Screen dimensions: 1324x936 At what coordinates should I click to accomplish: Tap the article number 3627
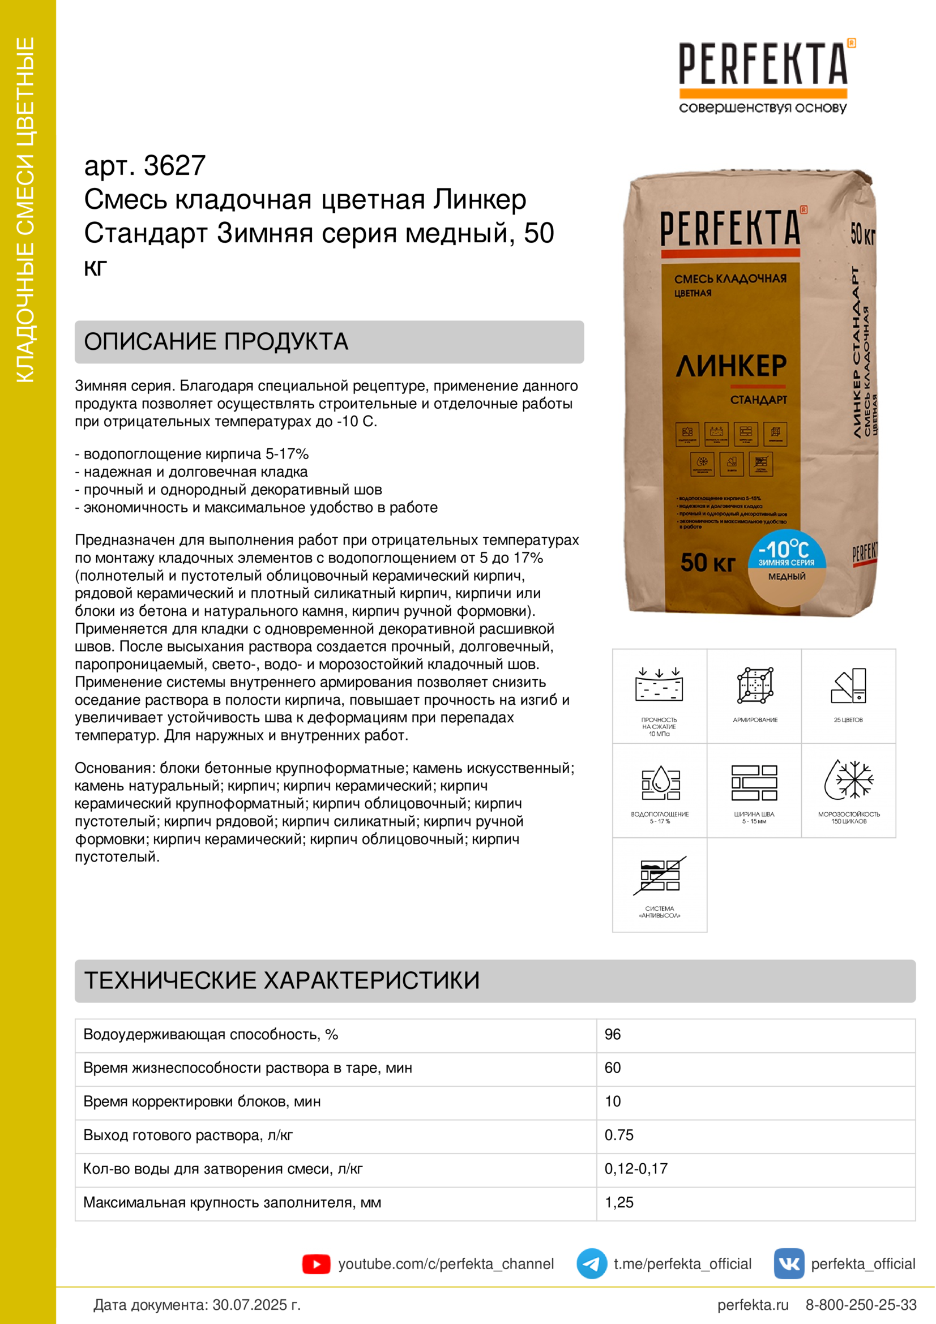(x=174, y=166)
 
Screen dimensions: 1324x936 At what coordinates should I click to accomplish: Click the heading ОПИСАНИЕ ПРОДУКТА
(x=216, y=342)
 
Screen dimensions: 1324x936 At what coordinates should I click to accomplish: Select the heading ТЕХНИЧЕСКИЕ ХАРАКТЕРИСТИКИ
(x=282, y=980)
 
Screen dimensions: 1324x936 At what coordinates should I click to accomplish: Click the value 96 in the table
(x=613, y=1035)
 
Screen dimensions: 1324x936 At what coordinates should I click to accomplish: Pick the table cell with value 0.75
(x=619, y=1135)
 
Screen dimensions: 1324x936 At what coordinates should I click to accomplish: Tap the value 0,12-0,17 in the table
(x=635, y=1168)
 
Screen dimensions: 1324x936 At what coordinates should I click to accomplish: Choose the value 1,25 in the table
(x=619, y=1202)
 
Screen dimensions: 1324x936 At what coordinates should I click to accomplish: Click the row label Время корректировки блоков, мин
(x=201, y=1102)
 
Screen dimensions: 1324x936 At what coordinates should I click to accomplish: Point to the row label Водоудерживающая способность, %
(x=211, y=1035)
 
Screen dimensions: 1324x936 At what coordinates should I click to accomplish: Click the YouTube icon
(x=316, y=1264)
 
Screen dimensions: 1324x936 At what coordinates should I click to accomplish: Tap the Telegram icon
(x=591, y=1263)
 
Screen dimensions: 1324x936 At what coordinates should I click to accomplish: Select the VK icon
(x=788, y=1263)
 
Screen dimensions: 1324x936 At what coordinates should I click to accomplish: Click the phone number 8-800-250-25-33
(x=861, y=1305)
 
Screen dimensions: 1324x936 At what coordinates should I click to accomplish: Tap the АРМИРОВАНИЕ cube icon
(x=754, y=685)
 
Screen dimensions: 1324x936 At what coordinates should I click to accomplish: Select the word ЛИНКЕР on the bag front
(x=730, y=366)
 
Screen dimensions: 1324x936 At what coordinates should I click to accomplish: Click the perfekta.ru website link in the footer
(x=753, y=1305)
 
